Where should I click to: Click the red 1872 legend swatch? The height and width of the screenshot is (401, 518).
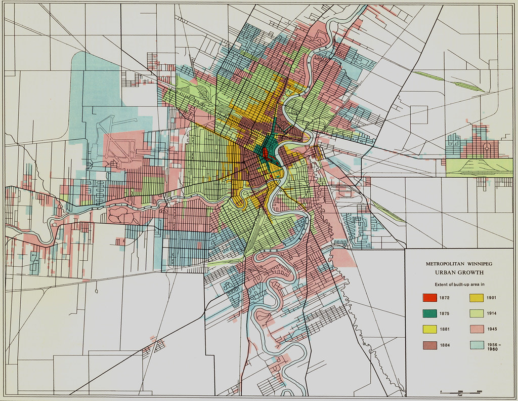429,298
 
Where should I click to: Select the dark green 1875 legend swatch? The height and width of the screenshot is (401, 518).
429,313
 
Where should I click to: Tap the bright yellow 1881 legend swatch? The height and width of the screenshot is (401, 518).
429,329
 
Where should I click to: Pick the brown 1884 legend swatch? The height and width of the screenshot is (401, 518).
429,345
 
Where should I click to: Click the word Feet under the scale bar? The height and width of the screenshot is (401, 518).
460,394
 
